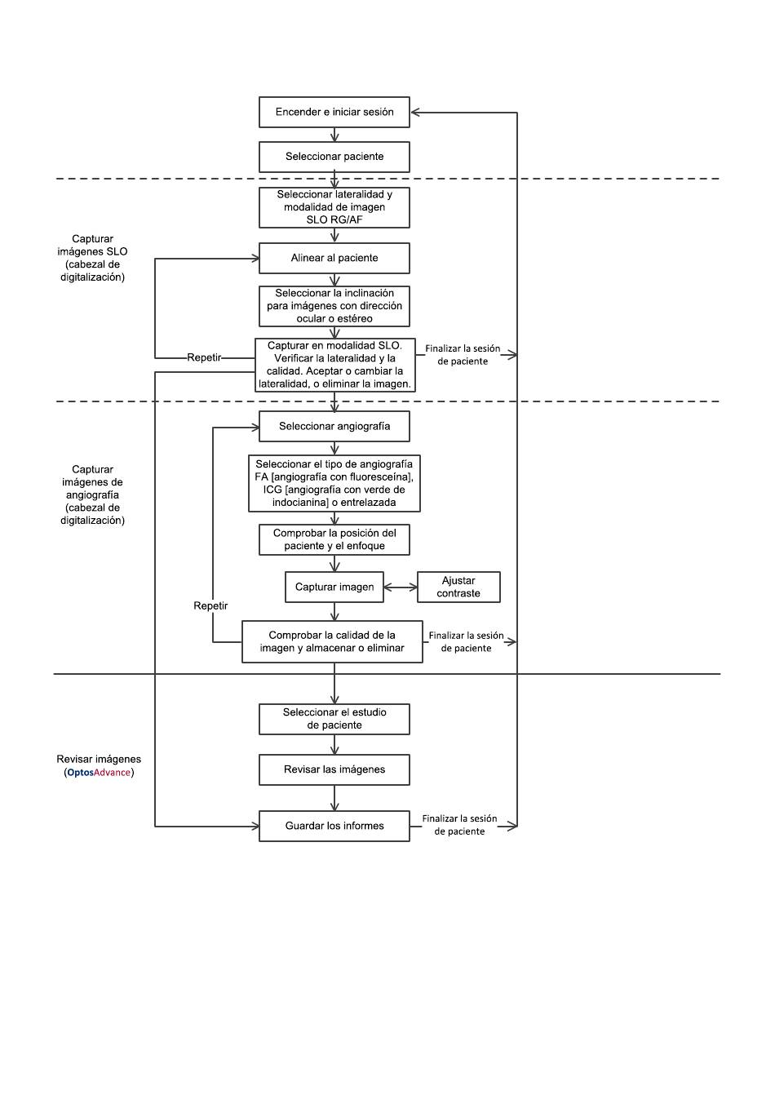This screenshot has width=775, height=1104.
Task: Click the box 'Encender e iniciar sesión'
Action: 334,113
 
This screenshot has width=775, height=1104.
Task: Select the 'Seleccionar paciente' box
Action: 334,157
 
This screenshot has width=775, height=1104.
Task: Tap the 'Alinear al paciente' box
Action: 334,259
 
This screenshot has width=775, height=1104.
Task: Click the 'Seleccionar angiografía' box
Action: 334,426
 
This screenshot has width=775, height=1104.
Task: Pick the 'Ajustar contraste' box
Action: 458,587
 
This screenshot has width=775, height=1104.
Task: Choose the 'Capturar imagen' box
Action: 334,587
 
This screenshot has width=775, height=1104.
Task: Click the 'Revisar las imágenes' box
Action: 334,769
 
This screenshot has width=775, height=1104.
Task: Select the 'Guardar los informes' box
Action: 334,826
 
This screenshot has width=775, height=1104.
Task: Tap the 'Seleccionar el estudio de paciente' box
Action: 334,719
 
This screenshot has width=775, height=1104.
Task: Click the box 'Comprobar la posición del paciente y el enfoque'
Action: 334,539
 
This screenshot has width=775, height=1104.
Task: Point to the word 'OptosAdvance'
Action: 99,772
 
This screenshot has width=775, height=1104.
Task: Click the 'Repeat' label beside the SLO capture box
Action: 204,357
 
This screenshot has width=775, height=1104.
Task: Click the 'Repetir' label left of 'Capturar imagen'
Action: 210,605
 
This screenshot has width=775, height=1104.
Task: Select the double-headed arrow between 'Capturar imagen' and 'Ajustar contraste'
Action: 400,587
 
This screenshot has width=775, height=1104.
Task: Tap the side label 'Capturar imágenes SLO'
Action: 92,245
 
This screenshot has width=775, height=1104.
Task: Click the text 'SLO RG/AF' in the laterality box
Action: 334,219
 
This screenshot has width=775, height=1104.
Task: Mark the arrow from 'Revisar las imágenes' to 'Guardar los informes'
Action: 334,798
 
